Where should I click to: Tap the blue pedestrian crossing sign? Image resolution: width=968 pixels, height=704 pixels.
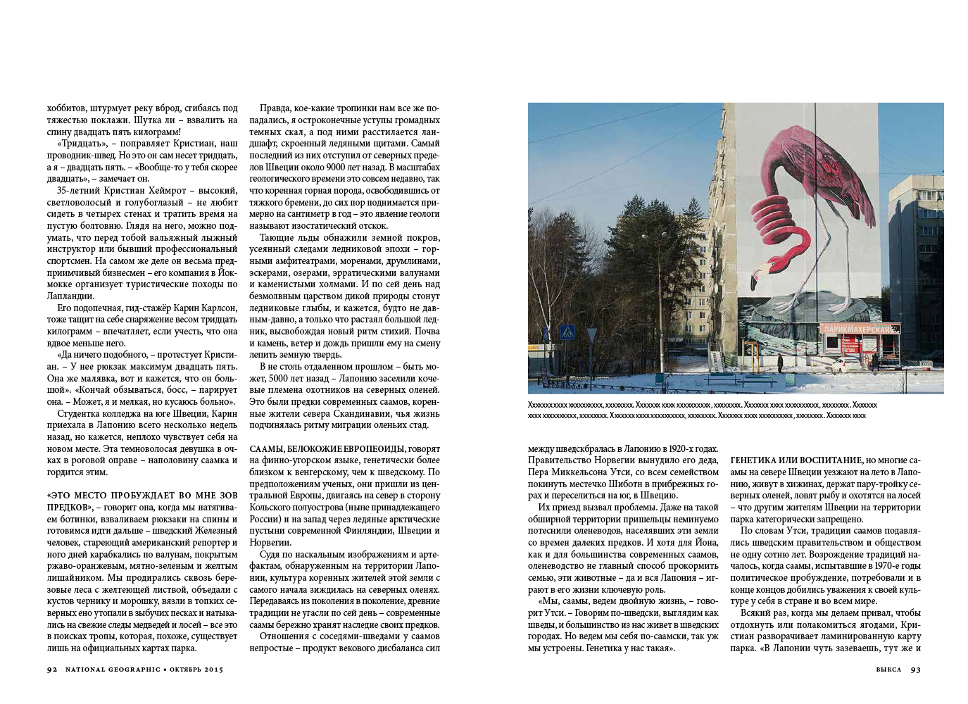566,332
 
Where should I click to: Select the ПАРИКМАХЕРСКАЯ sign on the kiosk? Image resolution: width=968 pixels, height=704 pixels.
859,328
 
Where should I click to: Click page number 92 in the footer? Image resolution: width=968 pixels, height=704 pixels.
51,670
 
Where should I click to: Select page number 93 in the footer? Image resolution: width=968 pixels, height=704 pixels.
915,670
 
